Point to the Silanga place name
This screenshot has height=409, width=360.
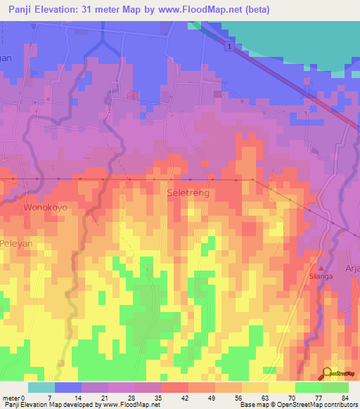click(x=322, y=277)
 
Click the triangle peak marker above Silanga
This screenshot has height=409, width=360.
click(x=322, y=268)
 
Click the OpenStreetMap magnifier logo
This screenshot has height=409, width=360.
click(x=327, y=375)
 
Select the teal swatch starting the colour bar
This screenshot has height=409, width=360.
click(x=41, y=387)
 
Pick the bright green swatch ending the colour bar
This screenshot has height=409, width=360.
click(x=335, y=387)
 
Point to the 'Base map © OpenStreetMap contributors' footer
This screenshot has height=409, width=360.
click(x=298, y=405)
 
